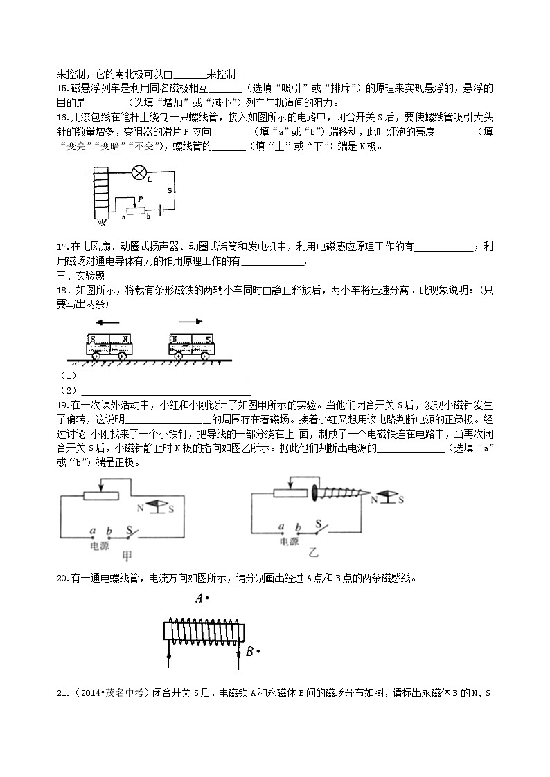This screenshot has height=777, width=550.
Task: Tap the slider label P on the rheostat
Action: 140,199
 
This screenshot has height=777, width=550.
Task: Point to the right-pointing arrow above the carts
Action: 190,322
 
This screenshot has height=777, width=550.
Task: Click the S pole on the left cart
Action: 92,339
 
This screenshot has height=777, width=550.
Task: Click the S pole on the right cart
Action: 209,339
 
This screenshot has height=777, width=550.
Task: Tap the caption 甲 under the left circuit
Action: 127,556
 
